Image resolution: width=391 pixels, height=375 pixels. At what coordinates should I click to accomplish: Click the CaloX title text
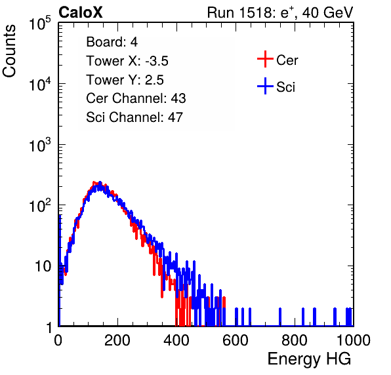point(80,12)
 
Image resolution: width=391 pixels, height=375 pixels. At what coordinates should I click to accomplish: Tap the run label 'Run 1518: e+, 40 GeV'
point(280,12)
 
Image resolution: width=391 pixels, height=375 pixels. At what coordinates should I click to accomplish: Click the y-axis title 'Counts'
point(9,51)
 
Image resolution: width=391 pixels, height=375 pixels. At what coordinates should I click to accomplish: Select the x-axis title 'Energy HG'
point(309,359)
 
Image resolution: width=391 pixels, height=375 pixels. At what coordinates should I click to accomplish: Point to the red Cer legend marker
point(265,59)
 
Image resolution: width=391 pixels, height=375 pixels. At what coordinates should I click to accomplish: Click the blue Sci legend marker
point(265,87)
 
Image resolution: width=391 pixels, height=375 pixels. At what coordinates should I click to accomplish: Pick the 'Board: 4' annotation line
point(112,42)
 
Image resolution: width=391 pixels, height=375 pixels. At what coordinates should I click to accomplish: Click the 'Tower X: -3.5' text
point(127,61)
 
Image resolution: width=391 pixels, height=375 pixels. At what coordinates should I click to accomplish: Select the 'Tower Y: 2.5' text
point(125,80)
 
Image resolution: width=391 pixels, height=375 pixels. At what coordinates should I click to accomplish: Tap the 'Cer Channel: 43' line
point(136,98)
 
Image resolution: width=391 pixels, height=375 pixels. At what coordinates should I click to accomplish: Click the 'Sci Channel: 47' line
point(134,117)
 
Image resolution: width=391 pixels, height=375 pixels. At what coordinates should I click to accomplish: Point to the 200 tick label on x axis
point(117,340)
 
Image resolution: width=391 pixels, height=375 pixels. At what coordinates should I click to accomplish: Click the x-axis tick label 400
point(176,340)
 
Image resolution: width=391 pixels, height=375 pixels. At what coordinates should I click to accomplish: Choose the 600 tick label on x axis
point(236,340)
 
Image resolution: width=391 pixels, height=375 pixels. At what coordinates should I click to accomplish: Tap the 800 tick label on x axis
point(295,340)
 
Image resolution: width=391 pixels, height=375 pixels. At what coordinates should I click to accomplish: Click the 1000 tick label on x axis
point(354,340)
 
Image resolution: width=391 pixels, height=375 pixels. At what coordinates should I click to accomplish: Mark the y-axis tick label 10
point(43,266)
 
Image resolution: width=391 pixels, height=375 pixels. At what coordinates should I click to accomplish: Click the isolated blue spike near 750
point(280,317)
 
